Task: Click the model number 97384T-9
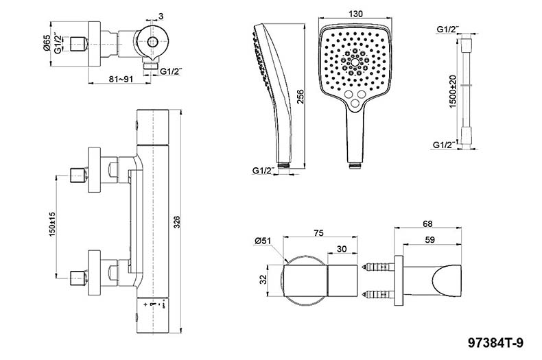click(495, 343)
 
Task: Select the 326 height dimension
click(176, 223)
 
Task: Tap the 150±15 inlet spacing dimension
click(52, 224)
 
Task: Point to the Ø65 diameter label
click(47, 43)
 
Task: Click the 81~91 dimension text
click(121, 79)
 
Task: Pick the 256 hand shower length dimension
click(300, 97)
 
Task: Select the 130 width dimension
click(355, 14)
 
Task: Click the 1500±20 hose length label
click(453, 91)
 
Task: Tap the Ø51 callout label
click(263, 241)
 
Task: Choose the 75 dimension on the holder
click(318, 233)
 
